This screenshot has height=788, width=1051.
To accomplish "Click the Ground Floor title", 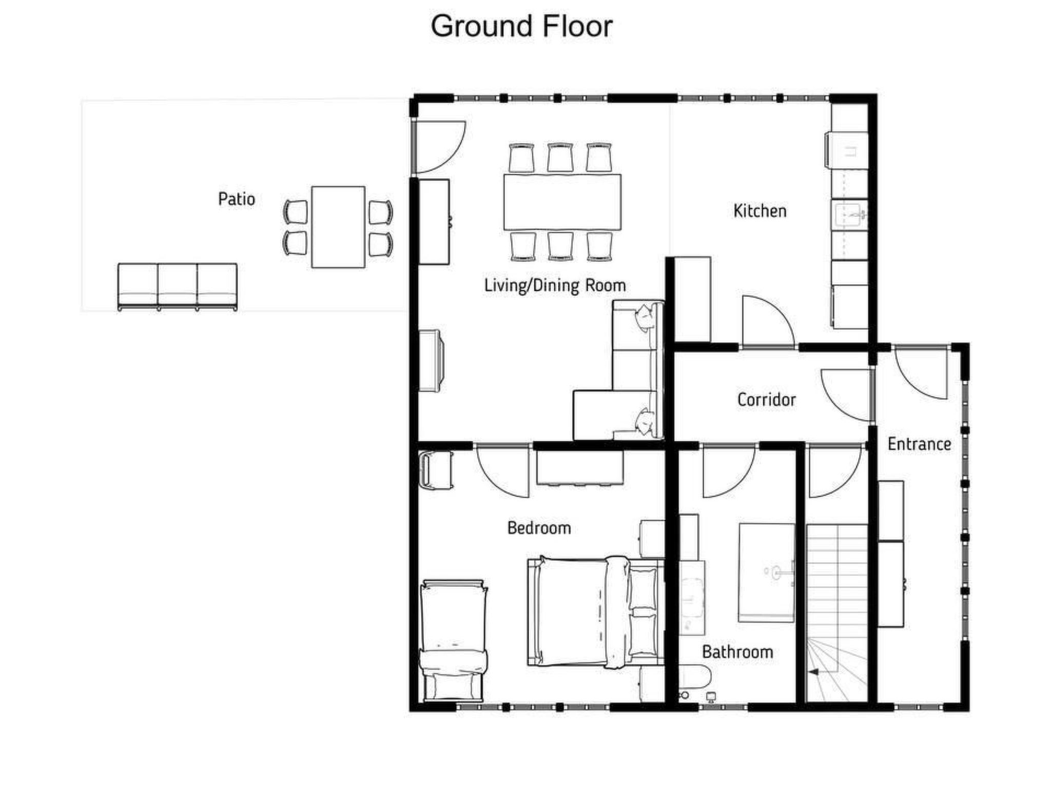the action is (x=521, y=26).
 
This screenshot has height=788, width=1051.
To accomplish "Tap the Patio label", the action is (x=237, y=199).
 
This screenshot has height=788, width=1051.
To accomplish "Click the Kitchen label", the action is (x=760, y=211).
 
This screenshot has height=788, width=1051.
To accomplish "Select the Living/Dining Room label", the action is (x=555, y=286).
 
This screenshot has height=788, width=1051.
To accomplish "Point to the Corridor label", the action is (x=767, y=400).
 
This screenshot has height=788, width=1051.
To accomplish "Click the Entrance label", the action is (x=919, y=444).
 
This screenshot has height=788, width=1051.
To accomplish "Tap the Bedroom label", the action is (x=539, y=528).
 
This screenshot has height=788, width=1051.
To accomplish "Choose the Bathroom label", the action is (x=737, y=652).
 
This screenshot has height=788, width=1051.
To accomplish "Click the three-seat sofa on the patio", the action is (x=178, y=287).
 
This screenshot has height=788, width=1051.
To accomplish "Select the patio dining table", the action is (x=338, y=227).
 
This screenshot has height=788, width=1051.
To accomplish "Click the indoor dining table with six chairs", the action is (x=562, y=202).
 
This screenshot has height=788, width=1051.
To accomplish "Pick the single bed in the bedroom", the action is (x=453, y=641).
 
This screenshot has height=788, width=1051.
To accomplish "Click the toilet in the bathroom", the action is (x=695, y=677).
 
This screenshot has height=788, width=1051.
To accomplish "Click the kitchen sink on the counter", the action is (x=850, y=215).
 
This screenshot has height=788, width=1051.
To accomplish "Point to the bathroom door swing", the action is (x=729, y=472).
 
